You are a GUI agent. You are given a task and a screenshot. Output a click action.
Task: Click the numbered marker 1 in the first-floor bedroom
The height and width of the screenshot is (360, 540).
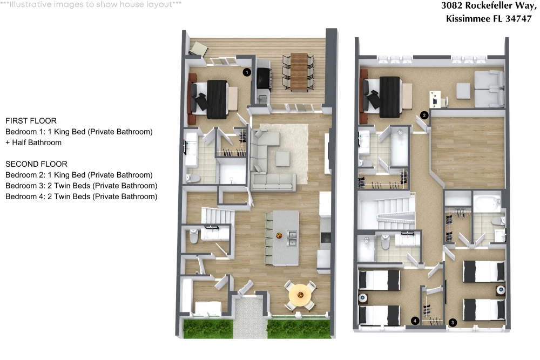point(247,72)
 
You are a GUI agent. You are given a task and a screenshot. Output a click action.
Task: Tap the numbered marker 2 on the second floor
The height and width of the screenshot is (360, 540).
point(424,116)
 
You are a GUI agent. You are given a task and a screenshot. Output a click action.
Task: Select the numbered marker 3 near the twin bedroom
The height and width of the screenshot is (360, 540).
point(453,322)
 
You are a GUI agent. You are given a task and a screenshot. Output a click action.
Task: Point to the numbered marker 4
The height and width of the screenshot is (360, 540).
point(415,321)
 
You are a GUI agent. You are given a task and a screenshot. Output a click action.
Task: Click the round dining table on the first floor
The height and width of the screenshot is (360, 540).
point(300,295)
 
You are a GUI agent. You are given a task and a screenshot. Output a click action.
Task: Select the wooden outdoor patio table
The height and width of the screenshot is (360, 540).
point(299,72)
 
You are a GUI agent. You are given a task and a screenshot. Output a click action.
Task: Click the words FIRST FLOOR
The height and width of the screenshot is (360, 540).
point(31,121)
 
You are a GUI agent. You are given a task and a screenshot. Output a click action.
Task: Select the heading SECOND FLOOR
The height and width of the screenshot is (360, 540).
point(37,164)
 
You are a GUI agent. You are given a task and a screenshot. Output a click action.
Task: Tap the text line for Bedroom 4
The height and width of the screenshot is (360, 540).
point(82,196)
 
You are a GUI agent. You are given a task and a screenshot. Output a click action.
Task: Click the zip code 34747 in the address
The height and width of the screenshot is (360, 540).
point(518,18)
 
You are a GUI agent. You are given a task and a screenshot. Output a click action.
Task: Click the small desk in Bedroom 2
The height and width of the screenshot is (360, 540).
point(436,99)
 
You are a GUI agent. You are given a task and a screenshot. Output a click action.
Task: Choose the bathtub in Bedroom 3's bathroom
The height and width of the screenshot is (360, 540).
point(487,203)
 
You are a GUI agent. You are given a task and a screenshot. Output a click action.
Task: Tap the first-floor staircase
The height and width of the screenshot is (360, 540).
point(218,216)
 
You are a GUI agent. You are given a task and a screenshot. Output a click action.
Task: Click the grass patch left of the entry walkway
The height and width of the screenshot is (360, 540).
point(208,329)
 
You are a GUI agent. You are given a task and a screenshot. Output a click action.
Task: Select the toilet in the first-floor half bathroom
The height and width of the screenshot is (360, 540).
point(194,236)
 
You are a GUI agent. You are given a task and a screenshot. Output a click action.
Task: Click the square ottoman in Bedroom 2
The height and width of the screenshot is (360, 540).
point(463,91)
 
